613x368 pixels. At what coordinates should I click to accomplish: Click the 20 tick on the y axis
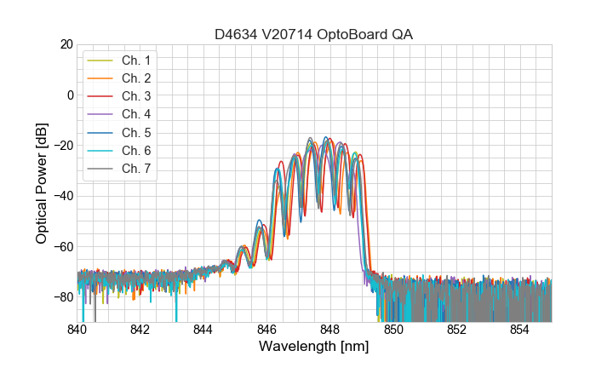click(66, 44)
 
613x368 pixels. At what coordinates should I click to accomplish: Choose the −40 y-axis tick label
click(62, 196)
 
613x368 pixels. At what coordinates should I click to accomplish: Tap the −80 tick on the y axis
click(62, 297)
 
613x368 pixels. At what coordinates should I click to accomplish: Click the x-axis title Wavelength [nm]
click(314, 348)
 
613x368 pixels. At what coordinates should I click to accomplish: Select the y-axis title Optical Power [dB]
click(42, 183)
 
